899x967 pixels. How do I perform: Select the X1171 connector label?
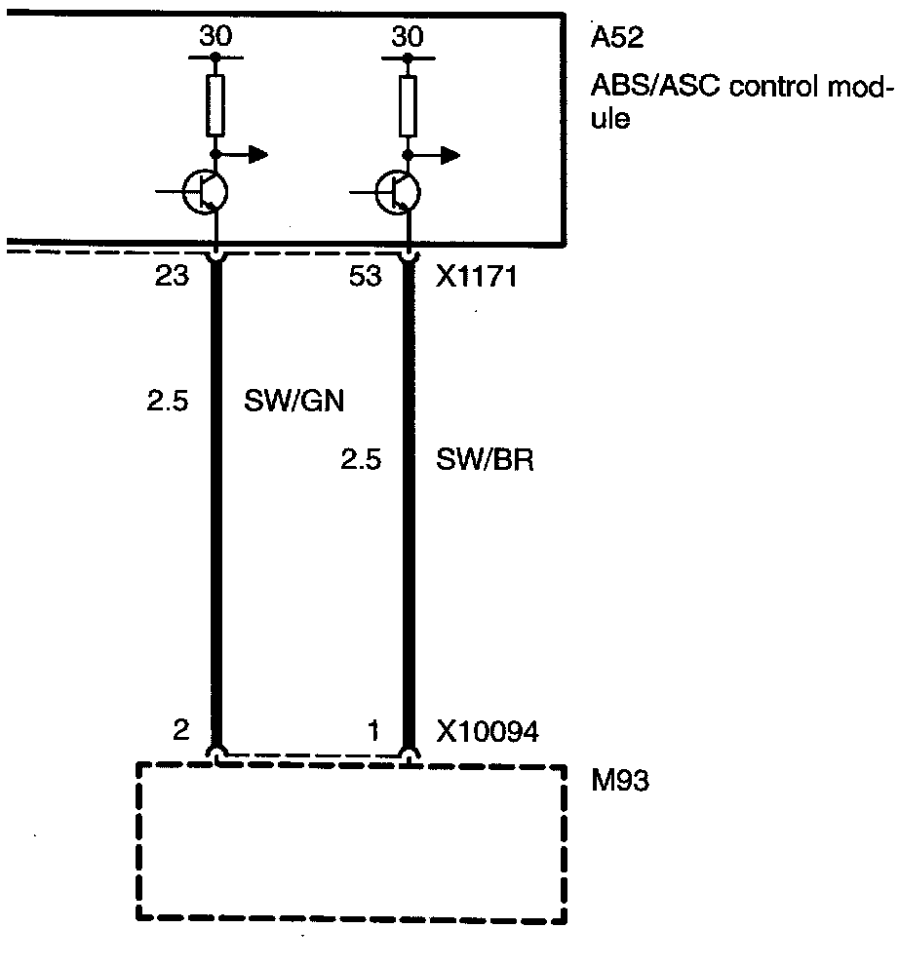pyautogui.click(x=473, y=278)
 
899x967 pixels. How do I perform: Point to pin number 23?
pyautogui.click(x=173, y=278)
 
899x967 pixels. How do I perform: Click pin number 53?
pyautogui.click(x=365, y=278)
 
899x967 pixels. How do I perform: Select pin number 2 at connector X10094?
pyautogui.click(x=179, y=730)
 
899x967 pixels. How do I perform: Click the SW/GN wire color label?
pyautogui.click(x=293, y=401)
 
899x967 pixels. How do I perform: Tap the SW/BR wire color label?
pyautogui.click(x=486, y=459)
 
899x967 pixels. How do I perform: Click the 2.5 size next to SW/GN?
pyautogui.click(x=168, y=401)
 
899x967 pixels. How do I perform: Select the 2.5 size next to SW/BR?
pyautogui.click(x=360, y=459)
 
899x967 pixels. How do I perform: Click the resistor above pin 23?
pyautogui.click(x=215, y=105)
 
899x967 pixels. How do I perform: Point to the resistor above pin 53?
pyautogui.click(x=409, y=105)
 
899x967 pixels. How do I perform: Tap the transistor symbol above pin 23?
pyautogui.click(x=204, y=192)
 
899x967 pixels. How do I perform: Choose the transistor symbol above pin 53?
pyautogui.click(x=397, y=192)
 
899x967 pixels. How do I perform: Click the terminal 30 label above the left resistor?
pyautogui.click(x=215, y=38)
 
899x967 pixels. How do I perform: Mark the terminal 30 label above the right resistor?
pyautogui.click(x=409, y=38)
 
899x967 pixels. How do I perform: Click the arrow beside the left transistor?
pyautogui.click(x=253, y=153)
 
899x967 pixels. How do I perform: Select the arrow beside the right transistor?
pyautogui.click(x=446, y=153)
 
